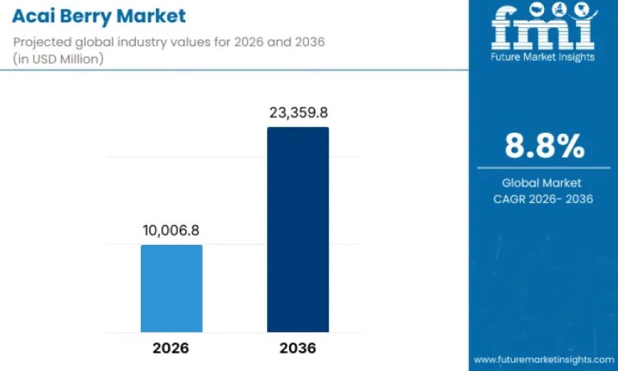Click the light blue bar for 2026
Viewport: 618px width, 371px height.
coord(171,288)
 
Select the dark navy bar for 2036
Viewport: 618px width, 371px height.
coord(298,229)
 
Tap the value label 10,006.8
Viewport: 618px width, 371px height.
coord(171,230)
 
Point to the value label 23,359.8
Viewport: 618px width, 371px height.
coord(298,113)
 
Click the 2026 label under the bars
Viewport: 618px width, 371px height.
coord(171,348)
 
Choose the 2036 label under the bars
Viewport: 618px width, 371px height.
coord(298,348)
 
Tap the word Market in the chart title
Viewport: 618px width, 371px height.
coord(151,16)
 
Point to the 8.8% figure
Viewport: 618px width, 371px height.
coord(544,146)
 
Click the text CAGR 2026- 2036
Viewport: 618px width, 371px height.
coord(543,198)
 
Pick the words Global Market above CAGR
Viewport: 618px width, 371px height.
coord(541,183)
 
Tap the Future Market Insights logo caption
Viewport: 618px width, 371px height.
coord(543,57)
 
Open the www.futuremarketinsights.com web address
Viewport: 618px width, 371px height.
coord(544,360)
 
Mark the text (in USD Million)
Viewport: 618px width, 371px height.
coord(58,59)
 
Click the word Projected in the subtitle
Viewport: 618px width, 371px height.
coord(43,42)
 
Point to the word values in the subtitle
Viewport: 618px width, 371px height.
coord(191,42)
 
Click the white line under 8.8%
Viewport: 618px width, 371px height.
coord(543,168)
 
